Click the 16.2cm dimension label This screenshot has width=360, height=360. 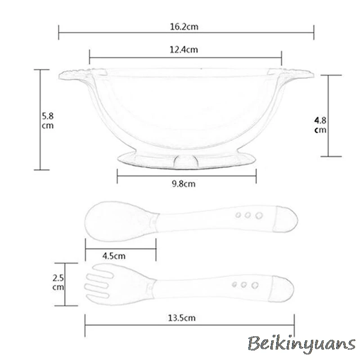(184, 27)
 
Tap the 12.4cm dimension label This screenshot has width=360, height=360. (184, 49)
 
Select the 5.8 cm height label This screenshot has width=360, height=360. (48, 121)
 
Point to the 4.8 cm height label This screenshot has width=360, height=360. (320, 125)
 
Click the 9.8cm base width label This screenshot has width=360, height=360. (184, 184)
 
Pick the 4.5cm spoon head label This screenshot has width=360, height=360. (114, 256)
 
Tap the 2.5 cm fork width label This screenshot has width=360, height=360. (58, 283)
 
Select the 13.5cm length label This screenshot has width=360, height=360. (182, 318)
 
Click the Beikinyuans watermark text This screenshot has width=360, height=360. (301, 344)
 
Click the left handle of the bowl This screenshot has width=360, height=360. (76, 75)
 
